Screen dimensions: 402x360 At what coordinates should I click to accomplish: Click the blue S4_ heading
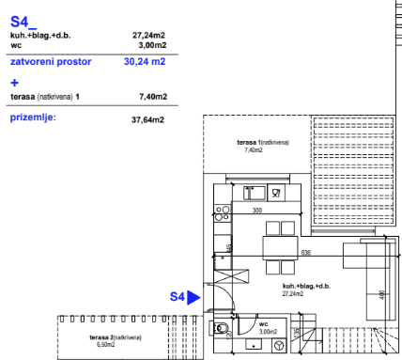pos(23,22)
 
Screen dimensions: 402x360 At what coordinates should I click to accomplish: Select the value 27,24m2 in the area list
pos(148,35)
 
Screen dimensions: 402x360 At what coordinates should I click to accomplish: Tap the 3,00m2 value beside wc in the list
pos(152,45)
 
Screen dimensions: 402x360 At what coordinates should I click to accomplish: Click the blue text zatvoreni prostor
pos(51,62)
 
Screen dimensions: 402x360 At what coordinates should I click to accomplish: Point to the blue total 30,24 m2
pos(145,61)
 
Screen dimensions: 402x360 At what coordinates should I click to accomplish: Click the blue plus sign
pos(14,83)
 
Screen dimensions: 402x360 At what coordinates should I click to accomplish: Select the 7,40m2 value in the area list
pos(153,97)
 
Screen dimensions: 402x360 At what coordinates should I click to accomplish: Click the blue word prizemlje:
pos(33,117)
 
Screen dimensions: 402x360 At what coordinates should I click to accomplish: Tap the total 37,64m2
pos(147,119)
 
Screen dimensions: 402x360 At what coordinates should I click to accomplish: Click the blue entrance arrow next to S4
pos(193,297)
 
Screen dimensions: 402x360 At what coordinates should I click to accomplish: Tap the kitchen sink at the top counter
pos(255,193)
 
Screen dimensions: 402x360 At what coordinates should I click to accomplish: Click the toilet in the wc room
pos(220,328)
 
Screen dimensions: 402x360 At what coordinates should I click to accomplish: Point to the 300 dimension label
pos(257,211)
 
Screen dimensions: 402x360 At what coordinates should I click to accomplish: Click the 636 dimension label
pos(306,253)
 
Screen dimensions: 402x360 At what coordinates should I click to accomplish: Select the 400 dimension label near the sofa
pos(381,295)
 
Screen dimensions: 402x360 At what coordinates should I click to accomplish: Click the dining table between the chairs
pos(280,248)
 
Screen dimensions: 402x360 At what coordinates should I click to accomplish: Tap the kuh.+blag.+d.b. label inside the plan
pos(306,286)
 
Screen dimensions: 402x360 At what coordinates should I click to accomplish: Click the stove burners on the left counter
pos(223,213)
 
